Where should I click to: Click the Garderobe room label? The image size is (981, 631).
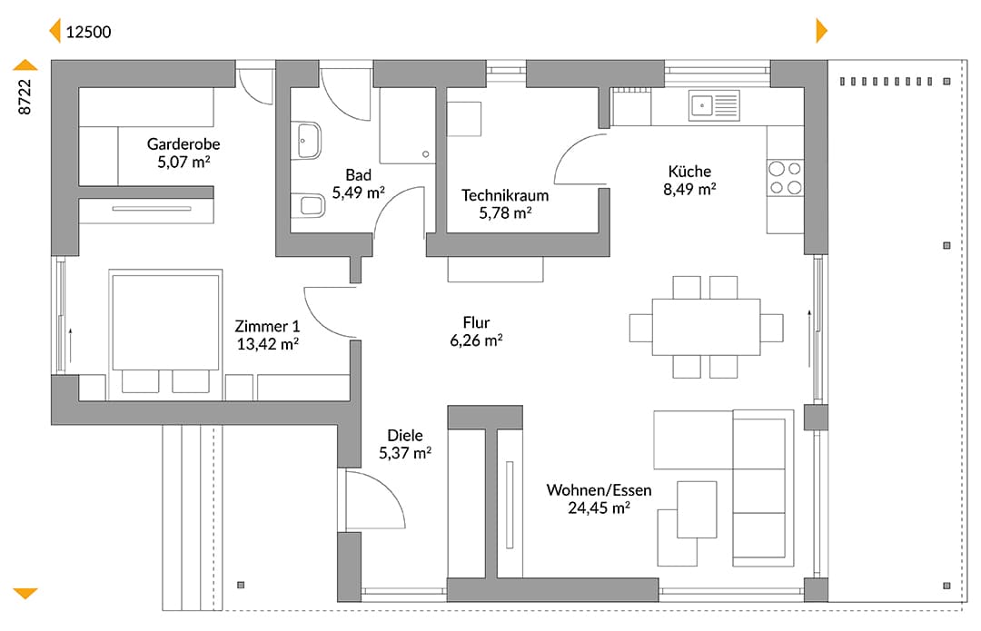(x=183, y=143)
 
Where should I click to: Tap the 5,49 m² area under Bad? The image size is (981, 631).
(x=358, y=192)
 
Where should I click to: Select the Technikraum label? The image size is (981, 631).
(x=505, y=195)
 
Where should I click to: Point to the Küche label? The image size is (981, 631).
(x=689, y=171)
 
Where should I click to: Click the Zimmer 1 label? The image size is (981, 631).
(x=267, y=326)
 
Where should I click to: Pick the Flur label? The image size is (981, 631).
(x=476, y=322)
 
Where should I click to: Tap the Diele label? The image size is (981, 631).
(x=405, y=435)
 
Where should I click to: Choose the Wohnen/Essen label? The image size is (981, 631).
(x=599, y=489)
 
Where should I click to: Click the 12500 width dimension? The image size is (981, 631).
(x=88, y=32)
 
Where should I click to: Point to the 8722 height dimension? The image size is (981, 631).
(x=25, y=97)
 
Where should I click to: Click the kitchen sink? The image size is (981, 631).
(x=715, y=105)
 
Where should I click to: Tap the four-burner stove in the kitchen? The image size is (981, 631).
(x=785, y=178)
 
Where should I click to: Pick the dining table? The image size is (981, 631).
(x=707, y=327)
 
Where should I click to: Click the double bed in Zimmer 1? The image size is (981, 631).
(x=165, y=335)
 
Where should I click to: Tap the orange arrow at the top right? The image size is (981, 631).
(x=821, y=30)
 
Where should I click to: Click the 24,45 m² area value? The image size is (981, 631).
(x=599, y=508)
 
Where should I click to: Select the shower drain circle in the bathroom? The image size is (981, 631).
(x=425, y=153)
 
